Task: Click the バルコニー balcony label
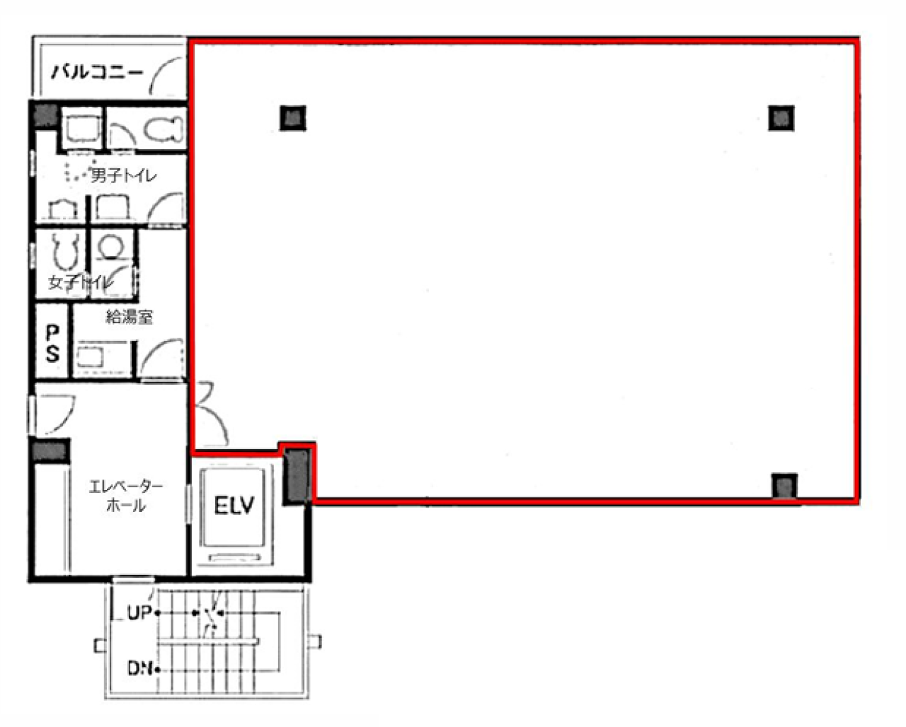point(97,72)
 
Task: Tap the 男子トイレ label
point(123,175)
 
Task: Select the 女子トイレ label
point(81,282)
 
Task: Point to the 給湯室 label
point(130,316)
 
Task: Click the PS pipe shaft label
point(52,343)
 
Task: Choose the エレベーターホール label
point(126,496)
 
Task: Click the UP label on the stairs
point(139,613)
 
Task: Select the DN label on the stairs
point(140,668)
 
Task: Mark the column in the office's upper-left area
point(293,118)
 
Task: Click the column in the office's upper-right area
point(781,118)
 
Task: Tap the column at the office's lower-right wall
point(784,487)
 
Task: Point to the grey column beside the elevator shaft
point(298,475)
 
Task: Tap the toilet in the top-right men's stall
point(164,128)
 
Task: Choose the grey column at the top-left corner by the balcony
point(45,115)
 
